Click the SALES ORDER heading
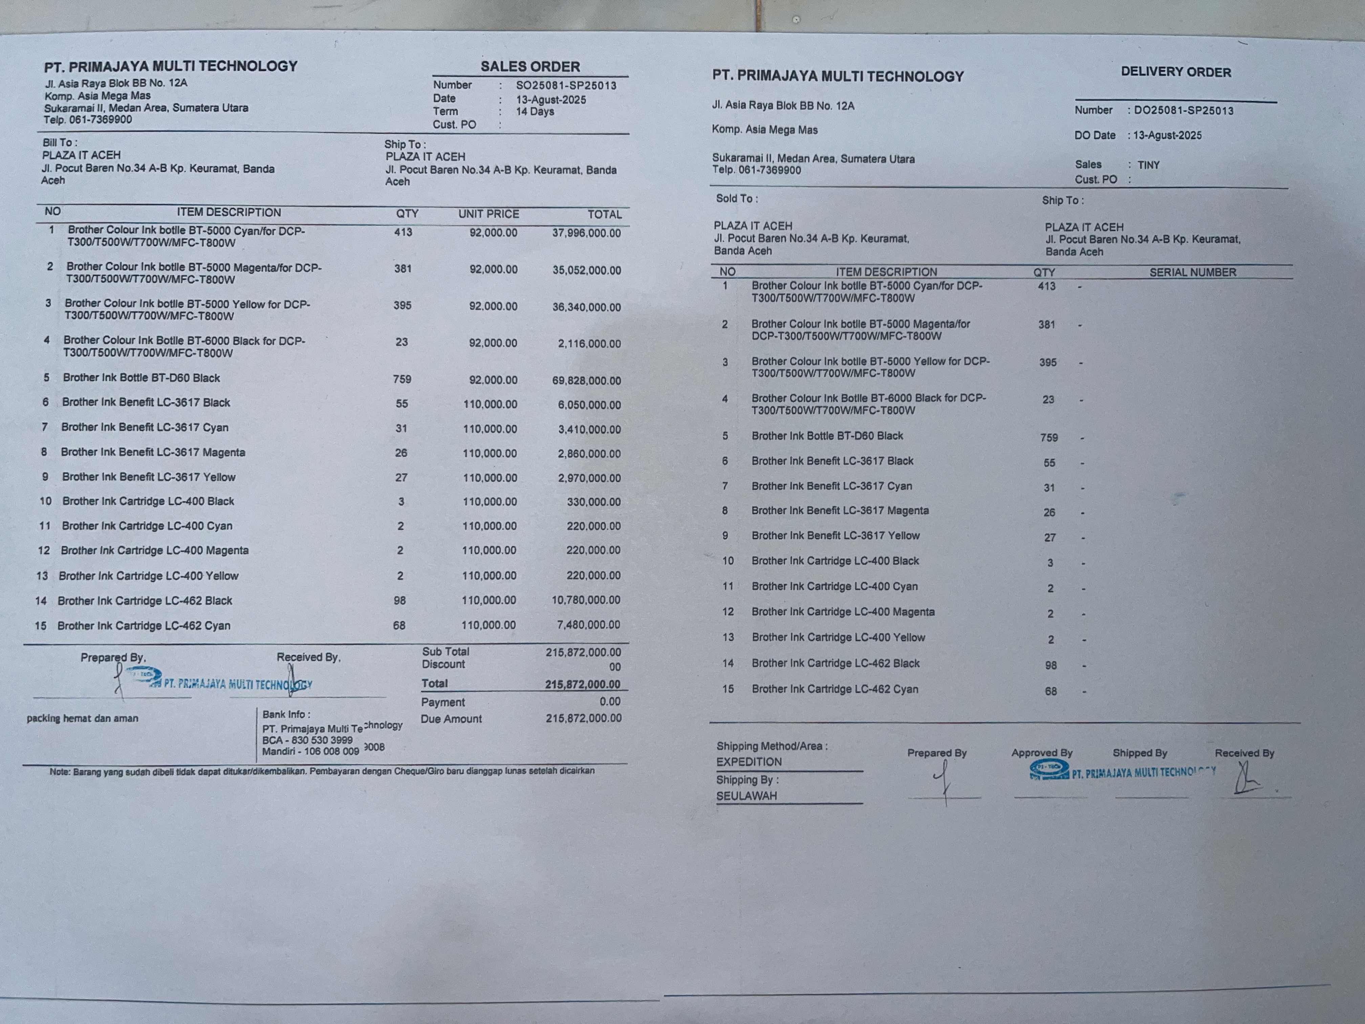(x=530, y=67)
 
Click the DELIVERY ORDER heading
(x=1175, y=72)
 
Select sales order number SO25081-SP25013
(x=566, y=86)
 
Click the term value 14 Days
(x=535, y=112)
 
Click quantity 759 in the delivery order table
(x=1049, y=438)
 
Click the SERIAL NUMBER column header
(x=1192, y=272)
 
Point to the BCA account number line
(x=307, y=740)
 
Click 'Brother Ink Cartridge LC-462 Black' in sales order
(x=145, y=601)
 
